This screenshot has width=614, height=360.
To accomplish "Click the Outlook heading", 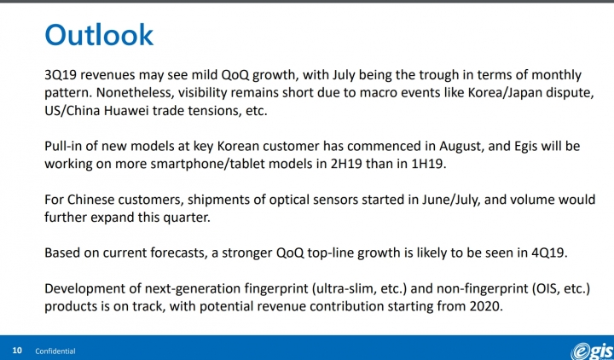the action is click(99, 35).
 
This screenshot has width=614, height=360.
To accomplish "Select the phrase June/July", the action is click(451, 200).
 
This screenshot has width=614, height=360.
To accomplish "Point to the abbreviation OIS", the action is click(545, 289).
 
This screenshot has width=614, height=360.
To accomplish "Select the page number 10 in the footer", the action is click(17, 351).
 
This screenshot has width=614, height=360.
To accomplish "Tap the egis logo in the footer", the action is click(592, 351).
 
